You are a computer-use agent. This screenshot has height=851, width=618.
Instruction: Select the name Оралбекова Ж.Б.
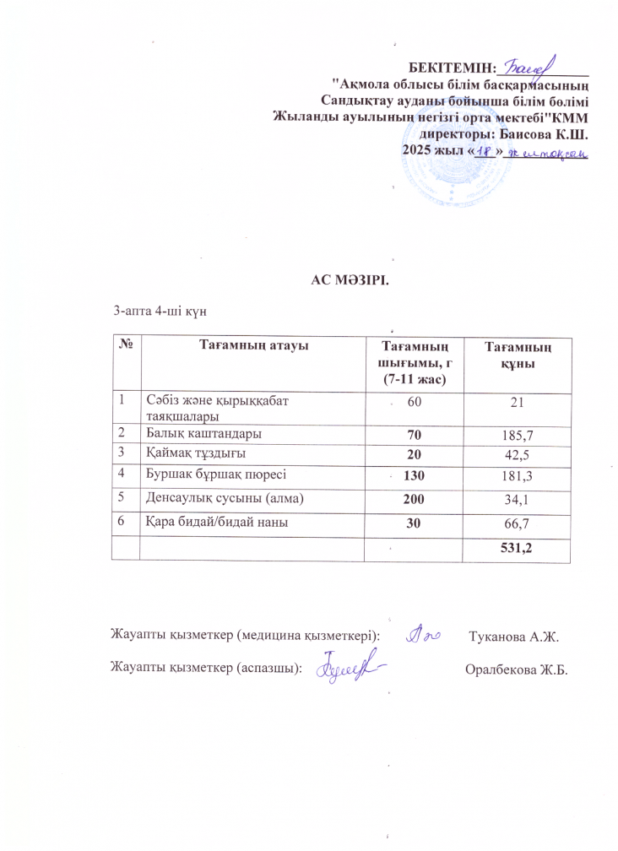[516, 669]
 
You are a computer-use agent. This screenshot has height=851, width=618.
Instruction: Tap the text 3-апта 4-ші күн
[160, 312]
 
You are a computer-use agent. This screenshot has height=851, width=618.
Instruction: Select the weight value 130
[414, 479]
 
